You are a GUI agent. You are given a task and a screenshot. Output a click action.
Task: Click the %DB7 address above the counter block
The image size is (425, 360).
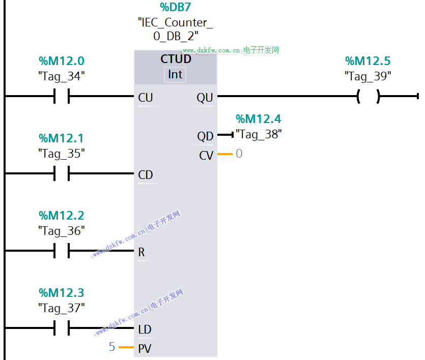coord(176,7)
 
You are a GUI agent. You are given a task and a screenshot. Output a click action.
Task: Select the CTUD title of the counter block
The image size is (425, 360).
coord(176,59)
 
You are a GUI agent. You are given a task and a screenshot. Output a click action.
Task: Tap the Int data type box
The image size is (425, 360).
coord(175,74)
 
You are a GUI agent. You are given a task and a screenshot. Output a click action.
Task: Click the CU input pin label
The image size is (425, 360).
coord(146,98)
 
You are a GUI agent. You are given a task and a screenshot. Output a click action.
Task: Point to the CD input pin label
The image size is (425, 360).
coord(146,175)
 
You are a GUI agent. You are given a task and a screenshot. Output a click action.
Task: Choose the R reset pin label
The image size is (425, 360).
coord(141,252)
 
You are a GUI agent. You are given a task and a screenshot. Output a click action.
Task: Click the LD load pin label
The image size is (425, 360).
coord(145,329)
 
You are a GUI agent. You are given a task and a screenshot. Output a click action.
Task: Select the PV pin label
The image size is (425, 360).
coord(145,349)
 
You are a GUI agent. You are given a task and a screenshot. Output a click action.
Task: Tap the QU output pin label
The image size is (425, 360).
coord(205,98)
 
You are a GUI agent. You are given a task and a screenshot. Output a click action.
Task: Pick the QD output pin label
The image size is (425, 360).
coord(205,136)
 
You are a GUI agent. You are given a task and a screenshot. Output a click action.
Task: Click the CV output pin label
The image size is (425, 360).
coord(206,156)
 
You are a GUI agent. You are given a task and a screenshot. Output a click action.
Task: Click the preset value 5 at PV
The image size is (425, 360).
coord(112,347)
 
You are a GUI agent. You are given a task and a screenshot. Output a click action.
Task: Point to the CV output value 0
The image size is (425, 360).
coord(239,154)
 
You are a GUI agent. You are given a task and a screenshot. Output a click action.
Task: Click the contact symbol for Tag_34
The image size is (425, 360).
coord(62,96)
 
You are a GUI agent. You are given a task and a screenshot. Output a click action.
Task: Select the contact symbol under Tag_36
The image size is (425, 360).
coord(62,251)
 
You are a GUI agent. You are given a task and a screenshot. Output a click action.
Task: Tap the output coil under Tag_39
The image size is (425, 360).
coord(369,96)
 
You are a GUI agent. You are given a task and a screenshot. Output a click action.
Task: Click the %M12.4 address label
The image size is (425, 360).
coord(258,119)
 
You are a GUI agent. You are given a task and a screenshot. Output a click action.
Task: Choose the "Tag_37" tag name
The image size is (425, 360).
coord(62,308)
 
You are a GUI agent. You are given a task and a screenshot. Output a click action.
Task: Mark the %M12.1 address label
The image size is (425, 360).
coord(61,138)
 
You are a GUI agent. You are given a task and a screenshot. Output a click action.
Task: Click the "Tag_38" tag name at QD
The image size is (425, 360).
coord(259,135)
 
